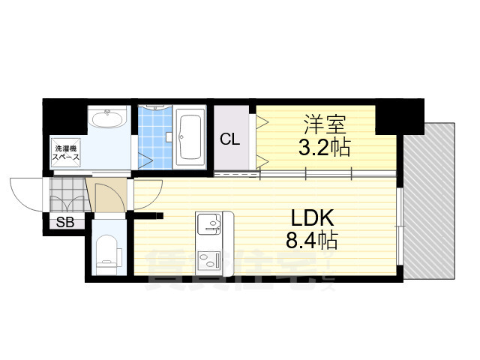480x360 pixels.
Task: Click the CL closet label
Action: coord(230,138)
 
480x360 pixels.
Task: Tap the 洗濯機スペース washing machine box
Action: coord(67,154)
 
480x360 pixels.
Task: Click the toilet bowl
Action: coord(108,251)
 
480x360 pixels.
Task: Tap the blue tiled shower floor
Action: coord(155,139)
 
